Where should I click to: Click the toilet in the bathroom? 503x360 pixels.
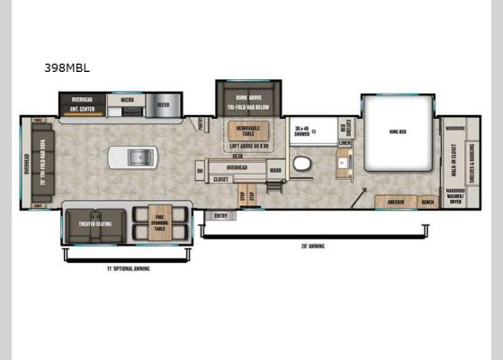(301, 163)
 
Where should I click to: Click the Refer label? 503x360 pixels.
(163, 105)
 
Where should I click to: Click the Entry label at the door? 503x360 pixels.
(220, 216)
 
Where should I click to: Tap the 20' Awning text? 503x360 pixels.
(312, 246)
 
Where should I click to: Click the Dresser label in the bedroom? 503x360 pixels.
(395, 202)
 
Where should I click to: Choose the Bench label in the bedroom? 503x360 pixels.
(428, 202)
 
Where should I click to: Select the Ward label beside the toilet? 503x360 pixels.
(275, 168)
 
